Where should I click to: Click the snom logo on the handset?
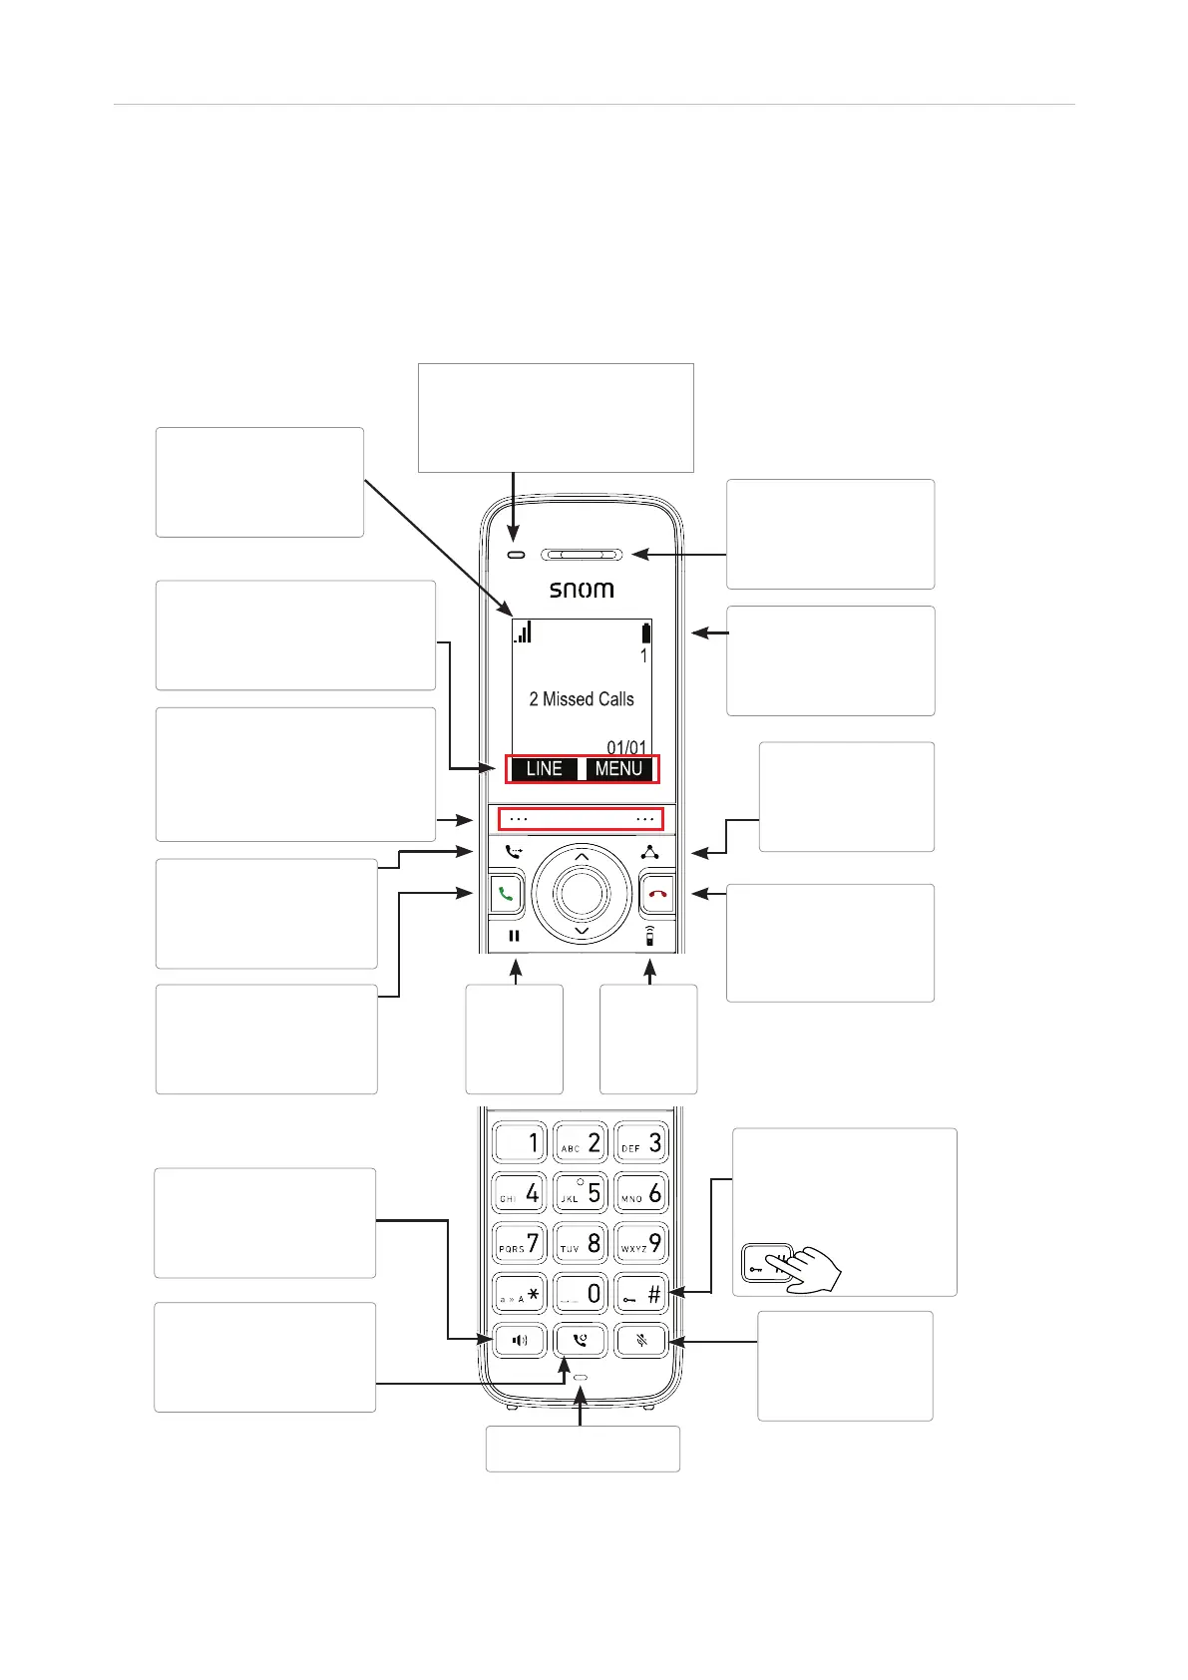point(582,590)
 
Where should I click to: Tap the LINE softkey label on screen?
point(544,769)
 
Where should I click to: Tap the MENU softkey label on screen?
point(618,769)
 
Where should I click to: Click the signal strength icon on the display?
point(523,632)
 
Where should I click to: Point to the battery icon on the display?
point(646,632)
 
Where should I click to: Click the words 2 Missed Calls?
point(582,699)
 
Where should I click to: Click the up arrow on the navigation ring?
point(582,857)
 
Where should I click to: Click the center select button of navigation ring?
point(582,893)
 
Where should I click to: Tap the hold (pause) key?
point(515,937)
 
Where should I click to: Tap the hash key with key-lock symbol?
point(640,1294)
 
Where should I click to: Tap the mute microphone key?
point(641,1341)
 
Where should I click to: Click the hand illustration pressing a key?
point(810,1269)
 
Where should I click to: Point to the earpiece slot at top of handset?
point(582,555)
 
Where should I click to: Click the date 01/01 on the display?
point(626,747)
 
